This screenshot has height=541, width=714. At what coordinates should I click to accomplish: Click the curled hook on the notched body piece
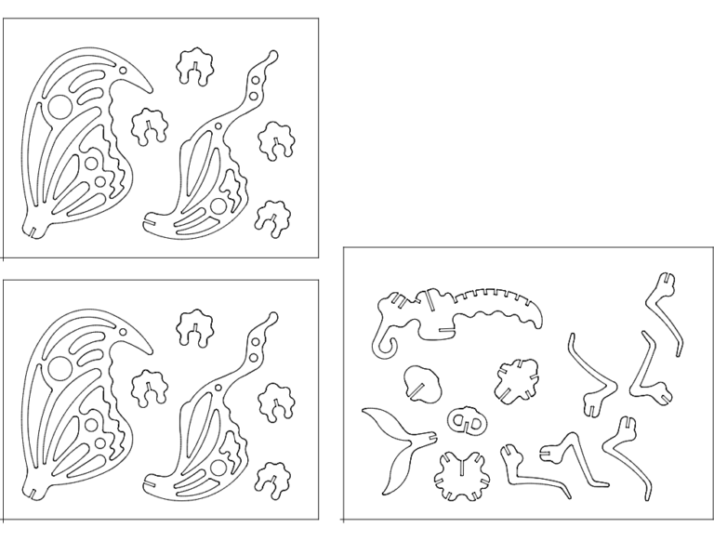pyautogui.click(x=382, y=350)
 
